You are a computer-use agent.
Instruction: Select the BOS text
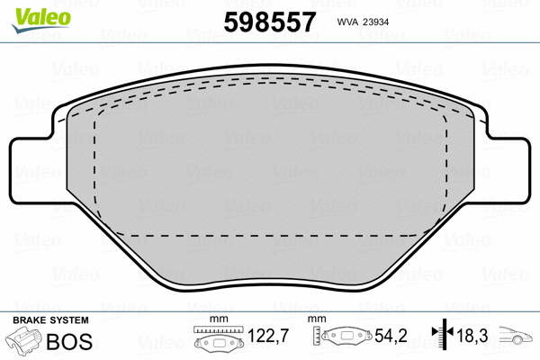(x=69, y=340)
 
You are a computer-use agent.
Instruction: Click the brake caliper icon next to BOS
(x=24, y=342)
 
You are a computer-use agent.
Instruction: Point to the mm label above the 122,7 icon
(x=217, y=320)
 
